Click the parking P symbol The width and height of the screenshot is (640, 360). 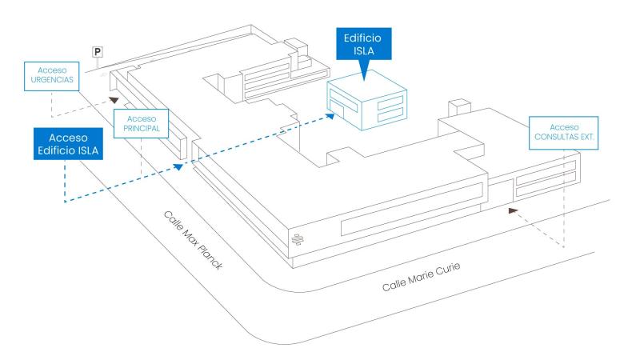98,52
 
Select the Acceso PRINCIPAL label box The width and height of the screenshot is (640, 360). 141,122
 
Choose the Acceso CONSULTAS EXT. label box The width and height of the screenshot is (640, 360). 565,132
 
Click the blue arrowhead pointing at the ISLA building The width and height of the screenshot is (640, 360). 330,117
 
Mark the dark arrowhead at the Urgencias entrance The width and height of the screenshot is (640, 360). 116,100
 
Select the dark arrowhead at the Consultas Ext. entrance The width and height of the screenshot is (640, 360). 513,211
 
